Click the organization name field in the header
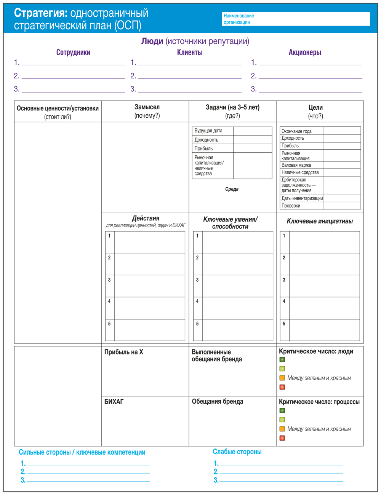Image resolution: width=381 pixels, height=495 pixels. (x=296, y=19)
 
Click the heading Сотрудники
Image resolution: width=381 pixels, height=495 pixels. (x=73, y=53)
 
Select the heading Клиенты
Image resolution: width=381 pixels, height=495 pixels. (x=190, y=53)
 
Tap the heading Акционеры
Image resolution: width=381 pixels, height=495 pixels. (x=305, y=53)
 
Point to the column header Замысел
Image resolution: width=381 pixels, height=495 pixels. (x=147, y=107)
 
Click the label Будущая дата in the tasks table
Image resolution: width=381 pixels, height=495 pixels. (x=208, y=131)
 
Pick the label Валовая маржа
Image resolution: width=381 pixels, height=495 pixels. (x=296, y=165)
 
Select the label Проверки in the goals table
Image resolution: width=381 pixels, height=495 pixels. (x=291, y=206)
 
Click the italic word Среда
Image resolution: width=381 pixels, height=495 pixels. (x=232, y=189)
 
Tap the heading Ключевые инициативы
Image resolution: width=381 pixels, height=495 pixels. (x=320, y=221)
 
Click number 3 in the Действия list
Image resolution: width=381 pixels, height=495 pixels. (x=109, y=280)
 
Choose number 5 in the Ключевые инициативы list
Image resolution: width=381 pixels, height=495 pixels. (x=284, y=324)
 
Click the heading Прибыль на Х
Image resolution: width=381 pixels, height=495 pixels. (x=124, y=352)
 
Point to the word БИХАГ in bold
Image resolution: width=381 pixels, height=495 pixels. (x=114, y=402)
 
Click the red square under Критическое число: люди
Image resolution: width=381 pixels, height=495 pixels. (x=282, y=387)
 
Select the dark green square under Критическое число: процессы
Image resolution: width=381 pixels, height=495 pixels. (x=282, y=410)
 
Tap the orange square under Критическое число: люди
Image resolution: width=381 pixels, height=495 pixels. (x=282, y=378)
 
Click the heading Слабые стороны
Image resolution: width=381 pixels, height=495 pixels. (x=237, y=452)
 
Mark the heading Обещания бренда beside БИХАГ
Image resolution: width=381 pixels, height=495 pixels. (x=218, y=402)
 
